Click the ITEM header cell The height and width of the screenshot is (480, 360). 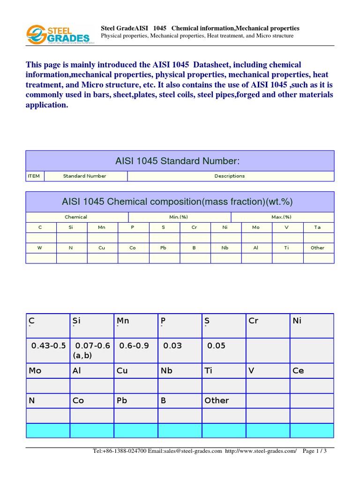34,176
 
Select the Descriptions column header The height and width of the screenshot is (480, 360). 230,176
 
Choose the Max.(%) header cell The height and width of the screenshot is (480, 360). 281,217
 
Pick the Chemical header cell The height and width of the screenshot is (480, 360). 76,217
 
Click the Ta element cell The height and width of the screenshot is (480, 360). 317,227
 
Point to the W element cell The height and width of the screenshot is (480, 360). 40,247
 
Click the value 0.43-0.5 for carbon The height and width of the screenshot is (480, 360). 48,345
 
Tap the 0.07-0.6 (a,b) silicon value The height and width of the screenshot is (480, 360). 92,350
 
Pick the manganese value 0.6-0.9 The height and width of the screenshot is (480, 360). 134,345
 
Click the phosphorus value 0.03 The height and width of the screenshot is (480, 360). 172,345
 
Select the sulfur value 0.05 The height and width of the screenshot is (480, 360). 216,345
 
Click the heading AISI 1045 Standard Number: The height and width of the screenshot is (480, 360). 177,161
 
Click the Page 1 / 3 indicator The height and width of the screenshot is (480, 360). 315,451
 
